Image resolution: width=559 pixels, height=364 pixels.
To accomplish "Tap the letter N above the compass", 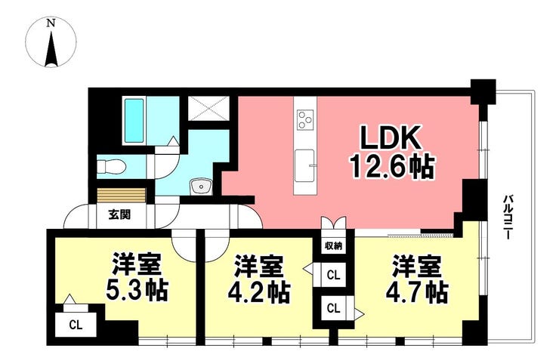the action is tap(51, 23).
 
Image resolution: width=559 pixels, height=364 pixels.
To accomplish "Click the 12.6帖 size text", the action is tap(393, 166).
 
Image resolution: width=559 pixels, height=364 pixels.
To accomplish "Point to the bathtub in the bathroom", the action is tap(134, 121).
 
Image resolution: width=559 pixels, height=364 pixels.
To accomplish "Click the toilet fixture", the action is tap(110, 165).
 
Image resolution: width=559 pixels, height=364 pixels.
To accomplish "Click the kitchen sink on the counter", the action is tap(305, 165).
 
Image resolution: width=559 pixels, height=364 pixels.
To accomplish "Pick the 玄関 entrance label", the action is tap(119, 215).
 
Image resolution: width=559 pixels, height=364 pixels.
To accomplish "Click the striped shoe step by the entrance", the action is tap(122, 196).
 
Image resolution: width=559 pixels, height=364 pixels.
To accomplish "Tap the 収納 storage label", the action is tap(333, 245).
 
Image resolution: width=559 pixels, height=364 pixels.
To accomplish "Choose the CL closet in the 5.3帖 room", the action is tap(76, 325).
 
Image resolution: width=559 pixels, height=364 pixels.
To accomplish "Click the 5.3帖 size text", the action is tap(136, 292).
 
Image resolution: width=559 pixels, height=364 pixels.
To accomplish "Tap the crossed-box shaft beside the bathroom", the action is tap(208, 108).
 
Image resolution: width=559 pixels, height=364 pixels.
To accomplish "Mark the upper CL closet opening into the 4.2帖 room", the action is tap(333, 275).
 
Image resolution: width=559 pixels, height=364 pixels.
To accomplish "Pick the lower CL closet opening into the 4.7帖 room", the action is tap(333, 308).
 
